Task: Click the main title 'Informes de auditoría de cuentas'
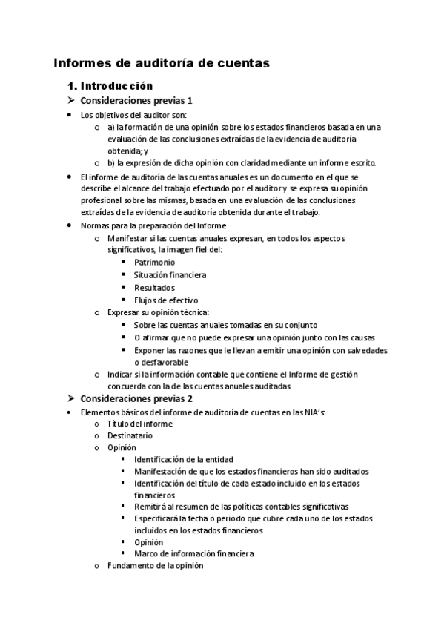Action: [163, 63]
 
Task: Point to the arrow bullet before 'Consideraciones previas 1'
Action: [71, 101]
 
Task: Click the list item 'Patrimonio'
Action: [154, 263]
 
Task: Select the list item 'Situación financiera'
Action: [170, 275]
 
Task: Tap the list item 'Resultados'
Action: [154, 288]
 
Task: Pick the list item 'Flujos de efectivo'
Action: [166, 300]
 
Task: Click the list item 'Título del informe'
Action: [139, 424]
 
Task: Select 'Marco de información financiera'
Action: [194, 553]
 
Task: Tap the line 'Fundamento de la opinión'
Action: [155, 566]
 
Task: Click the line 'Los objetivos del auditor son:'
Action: [133, 115]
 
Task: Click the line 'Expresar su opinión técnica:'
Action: [158, 312]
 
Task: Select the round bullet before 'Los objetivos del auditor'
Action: [69, 115]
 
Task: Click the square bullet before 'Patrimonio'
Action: [123, 263]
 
